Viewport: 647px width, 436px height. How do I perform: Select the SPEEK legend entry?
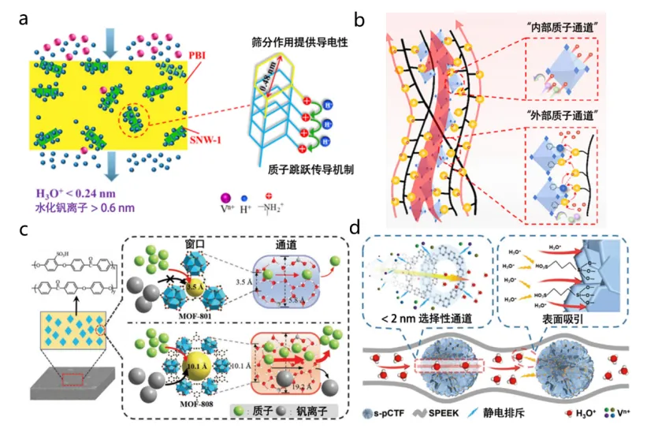456,415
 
